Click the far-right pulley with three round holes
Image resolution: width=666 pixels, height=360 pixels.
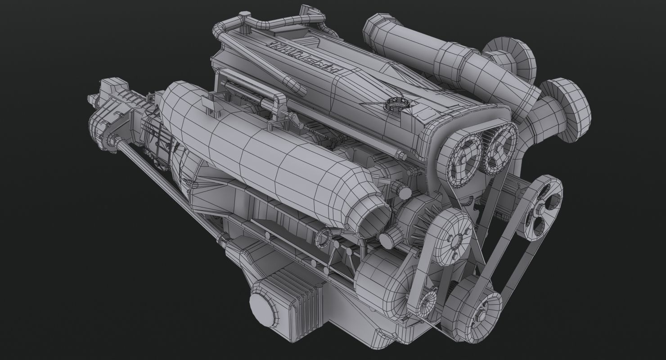pos(542,205)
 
